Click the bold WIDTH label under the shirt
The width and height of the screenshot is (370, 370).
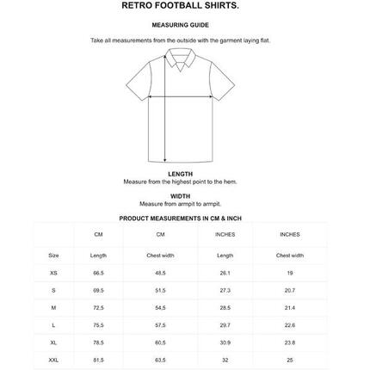coord(181,196)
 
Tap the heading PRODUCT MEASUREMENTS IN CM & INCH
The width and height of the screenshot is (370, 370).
coord(181,219)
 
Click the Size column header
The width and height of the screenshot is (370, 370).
coord(53,256)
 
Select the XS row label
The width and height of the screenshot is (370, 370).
coord(53,273)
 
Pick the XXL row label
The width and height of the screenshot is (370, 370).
coord(53,360)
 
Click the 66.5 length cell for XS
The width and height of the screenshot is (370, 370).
coord(98,273)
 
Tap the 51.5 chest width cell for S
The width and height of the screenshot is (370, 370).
coord(160,290)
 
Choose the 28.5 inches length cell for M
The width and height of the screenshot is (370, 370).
coord(225,307)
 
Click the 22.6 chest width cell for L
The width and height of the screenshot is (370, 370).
coord(289,325)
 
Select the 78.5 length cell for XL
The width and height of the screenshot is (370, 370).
coord(98,342)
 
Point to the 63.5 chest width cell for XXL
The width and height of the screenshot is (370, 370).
coord(160,360)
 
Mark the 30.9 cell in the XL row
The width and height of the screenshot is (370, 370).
coord(225,342)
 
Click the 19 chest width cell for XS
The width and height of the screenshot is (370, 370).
coord(289,273)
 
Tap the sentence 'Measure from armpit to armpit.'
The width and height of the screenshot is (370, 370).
coord(181,204)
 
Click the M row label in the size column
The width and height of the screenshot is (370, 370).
coord(53,307)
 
